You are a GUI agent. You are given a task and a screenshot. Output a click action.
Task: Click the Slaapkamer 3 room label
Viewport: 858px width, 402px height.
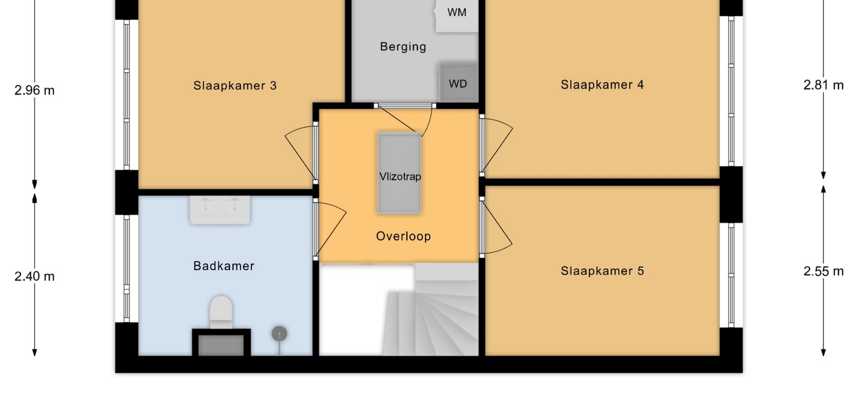pyautogui.click(x=235, y=85)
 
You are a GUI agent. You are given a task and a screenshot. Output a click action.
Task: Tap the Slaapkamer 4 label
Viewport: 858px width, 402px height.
pyautogui.click(x=602, y=84)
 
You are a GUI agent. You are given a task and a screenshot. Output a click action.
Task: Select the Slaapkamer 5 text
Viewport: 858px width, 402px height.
pyautogui.click(x=602, y=271)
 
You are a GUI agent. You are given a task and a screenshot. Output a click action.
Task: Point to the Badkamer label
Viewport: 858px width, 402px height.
pyautogui.click(x=224, y=266)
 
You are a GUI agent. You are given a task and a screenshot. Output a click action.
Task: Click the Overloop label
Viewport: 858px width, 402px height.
pyautogui.click(x=404, y=236)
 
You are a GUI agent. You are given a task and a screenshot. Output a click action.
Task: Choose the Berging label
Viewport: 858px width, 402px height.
pyautogui.click(x=403, y=46)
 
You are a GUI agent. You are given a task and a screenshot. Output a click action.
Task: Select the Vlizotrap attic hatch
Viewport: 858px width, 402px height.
pyautogui.click(x=400, y=173)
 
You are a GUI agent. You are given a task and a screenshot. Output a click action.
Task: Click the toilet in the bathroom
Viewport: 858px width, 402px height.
pyautogui.click(x=221, y=311)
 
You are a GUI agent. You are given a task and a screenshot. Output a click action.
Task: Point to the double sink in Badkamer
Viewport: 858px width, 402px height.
pyautogui.click(x=220, y=210)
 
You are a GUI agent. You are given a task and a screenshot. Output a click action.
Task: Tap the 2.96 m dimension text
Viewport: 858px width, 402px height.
pyautogui.click(x=34, y=91)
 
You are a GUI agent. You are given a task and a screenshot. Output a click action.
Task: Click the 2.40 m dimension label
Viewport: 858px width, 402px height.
pyautogui.click(x=34, y=276)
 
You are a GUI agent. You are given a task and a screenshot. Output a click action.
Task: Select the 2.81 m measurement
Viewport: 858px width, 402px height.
pyautogui.click(x=824, y=85)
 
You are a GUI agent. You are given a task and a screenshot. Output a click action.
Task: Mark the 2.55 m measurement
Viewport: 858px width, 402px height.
pyautogui.click(x=824, y=271)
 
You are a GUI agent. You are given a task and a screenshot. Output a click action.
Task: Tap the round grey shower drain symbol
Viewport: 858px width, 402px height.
pyautogui.click(x=279, y=333)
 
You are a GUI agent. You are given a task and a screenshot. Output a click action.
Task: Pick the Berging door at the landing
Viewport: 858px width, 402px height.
pyautogui.click(x=405, y=120)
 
